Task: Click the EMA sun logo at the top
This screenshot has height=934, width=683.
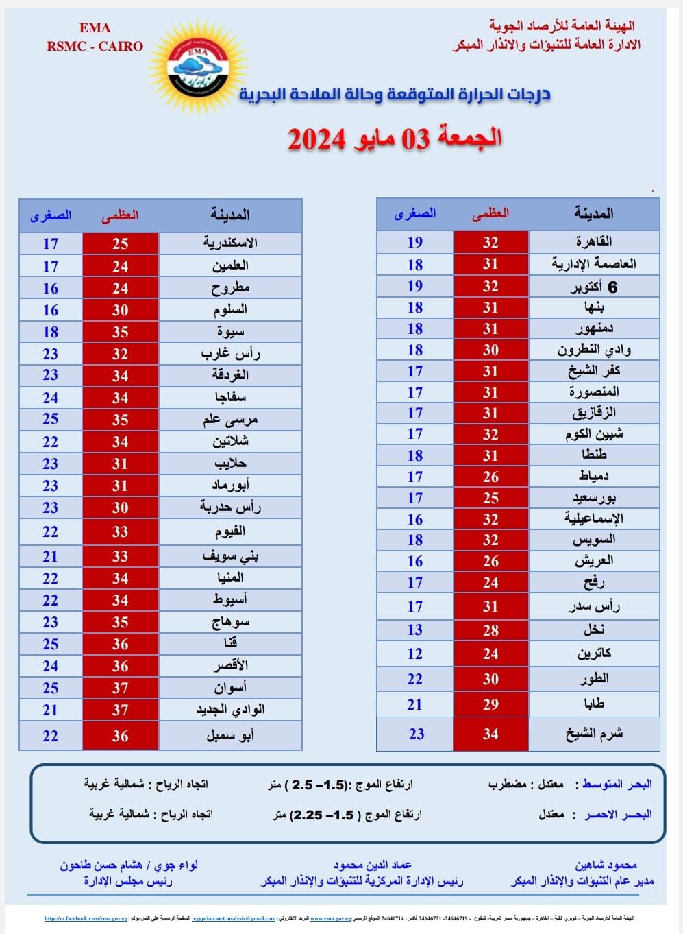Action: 197,66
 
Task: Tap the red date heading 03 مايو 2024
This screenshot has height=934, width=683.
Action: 395,138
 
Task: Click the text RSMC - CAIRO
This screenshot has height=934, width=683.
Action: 95,47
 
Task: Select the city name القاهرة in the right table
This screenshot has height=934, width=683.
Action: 593,241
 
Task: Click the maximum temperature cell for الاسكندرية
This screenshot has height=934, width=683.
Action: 121,243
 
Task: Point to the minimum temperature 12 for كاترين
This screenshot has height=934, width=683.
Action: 414,654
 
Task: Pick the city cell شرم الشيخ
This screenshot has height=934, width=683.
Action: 593,734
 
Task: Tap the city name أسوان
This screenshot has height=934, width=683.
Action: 230,688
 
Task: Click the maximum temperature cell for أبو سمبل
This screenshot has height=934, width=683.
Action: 121,736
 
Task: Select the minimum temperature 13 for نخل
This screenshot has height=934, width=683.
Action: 414,630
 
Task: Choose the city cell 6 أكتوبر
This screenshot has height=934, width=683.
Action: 593,287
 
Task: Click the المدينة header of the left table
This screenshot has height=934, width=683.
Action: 230,215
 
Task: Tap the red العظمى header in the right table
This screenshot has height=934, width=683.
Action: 490,214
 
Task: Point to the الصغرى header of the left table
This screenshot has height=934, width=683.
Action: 51,215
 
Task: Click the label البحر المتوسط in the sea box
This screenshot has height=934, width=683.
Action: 617,785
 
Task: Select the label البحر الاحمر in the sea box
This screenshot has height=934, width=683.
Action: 617,815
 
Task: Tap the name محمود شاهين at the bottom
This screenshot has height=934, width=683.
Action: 606,865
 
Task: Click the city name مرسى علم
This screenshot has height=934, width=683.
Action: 230,419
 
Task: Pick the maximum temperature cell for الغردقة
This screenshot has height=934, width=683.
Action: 121,376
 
